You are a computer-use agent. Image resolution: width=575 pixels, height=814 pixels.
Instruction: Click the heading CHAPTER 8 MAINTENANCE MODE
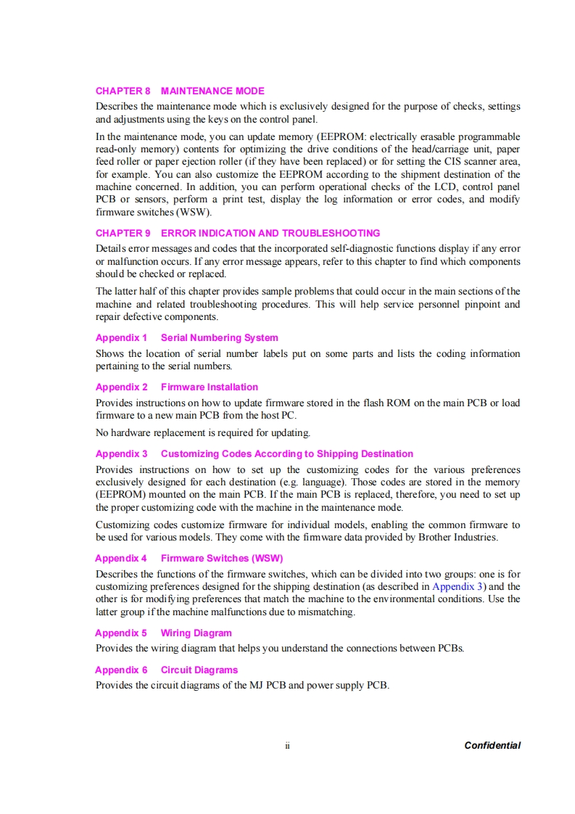(x=180, y=91)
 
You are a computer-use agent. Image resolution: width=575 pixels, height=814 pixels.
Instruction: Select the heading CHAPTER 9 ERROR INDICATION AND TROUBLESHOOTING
(x=238, y=233)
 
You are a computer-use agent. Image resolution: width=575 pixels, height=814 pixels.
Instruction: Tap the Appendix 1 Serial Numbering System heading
(x=186, y=337)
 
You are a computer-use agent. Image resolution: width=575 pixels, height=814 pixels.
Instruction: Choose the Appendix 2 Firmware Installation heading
(x=176, y=387)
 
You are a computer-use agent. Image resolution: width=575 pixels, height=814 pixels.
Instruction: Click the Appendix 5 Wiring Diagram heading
(x=163, y=633)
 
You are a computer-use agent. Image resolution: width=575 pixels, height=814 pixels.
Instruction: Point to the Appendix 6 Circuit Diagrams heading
(x=166, y=670)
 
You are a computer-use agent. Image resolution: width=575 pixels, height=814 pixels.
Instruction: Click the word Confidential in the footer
(x=492, y=745)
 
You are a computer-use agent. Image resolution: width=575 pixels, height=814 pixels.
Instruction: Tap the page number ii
(x=287, y=745)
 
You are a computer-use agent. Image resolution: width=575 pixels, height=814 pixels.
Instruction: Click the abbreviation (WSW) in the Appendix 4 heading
(x=267, y=558)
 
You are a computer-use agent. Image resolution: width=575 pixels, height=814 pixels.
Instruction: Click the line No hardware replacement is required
(x=203, y=433)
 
